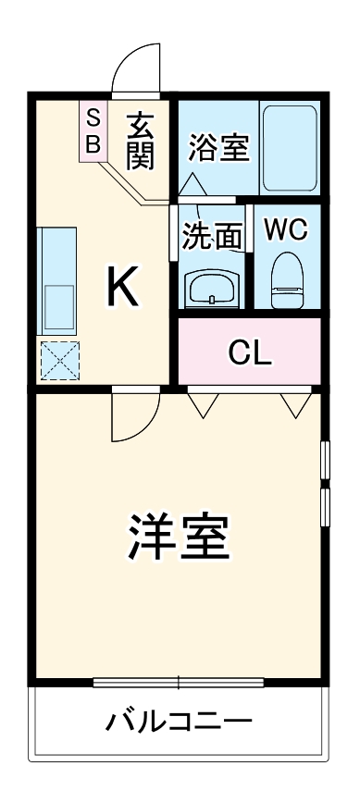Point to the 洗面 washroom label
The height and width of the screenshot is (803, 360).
tap(211, 235)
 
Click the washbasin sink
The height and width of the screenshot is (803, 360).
tap(213, 290)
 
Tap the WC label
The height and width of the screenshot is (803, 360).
tap(286, 230)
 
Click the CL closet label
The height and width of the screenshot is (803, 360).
tap(250, 352)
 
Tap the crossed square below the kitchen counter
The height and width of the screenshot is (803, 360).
tap(59, 360)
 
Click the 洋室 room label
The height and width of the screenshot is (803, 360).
tap(179, 536)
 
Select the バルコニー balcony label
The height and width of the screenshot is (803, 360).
tap(178, 721)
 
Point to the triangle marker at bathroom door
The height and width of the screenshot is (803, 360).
tap(192, 183)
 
